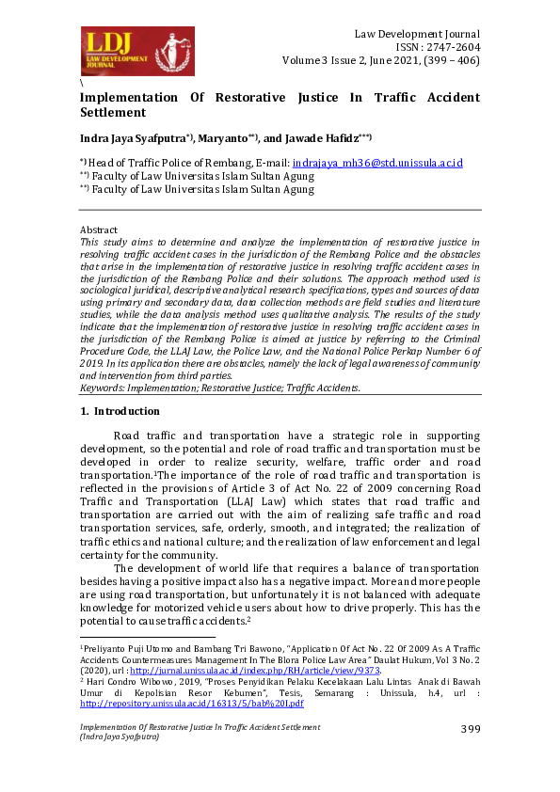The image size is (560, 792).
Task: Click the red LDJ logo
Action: click(x=137, y=51)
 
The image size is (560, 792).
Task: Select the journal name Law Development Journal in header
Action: click(x=417, y=34)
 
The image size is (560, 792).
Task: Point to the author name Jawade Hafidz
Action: click(x=319, y=138)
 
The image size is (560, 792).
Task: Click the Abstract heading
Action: click(x=99, y=230)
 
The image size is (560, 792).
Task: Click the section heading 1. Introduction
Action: click(x=120, y=411)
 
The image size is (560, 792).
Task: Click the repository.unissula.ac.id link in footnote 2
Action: click(x=191, y=703)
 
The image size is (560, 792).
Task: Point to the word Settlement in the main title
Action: click(x=115, y=112)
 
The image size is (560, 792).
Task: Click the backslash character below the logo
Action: click(x=82, y=84)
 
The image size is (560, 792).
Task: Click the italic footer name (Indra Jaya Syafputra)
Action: click(x=119, y=737)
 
